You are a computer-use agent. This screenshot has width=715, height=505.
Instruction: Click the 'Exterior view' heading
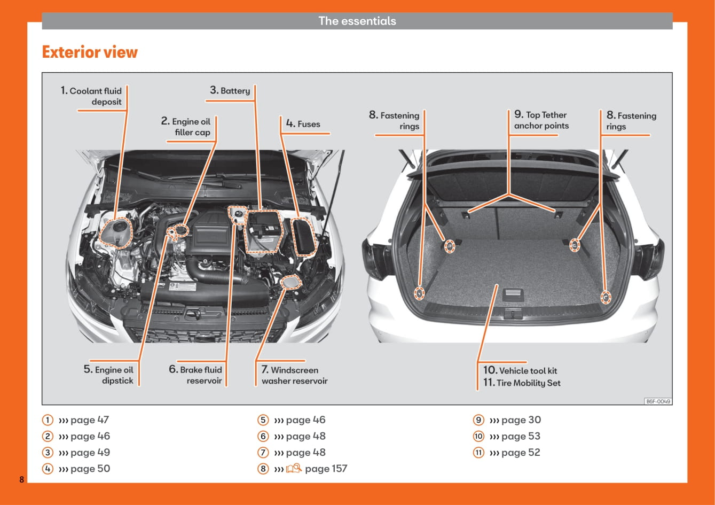[x=90, y=52]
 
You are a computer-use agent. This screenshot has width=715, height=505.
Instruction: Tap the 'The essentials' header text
[x=357, y=21]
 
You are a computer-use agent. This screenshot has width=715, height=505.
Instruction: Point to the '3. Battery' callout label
[x=230, y=91]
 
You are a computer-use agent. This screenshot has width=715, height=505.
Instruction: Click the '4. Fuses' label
[x=303, y=124]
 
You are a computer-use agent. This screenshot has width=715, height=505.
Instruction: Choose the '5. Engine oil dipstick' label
[x=109, y=375]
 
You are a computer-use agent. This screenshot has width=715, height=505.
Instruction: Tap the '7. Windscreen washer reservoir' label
[x=294, y=375]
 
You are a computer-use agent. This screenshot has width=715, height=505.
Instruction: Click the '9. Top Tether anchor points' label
[x=541, y=120]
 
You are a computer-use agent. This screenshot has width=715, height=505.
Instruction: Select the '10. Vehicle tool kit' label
[x=520, y=370]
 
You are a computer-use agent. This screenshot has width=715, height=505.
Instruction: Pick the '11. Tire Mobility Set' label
[x=522, y=383]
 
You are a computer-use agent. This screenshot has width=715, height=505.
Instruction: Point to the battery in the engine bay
[x=262, y=230]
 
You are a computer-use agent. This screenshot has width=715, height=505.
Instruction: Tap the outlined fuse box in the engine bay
[x=305, y=236]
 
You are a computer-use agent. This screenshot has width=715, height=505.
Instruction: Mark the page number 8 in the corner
[x=22, y=479]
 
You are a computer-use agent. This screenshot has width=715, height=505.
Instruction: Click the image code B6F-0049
[x=658, y=401]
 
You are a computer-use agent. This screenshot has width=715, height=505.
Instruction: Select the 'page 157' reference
[x=326, y=469]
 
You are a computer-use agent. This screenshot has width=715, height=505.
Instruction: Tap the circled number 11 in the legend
[x=478, y=453]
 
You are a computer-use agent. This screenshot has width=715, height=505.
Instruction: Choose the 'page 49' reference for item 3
[x=90, y=453]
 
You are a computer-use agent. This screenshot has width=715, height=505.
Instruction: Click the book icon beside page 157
[x=294, y=469]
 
